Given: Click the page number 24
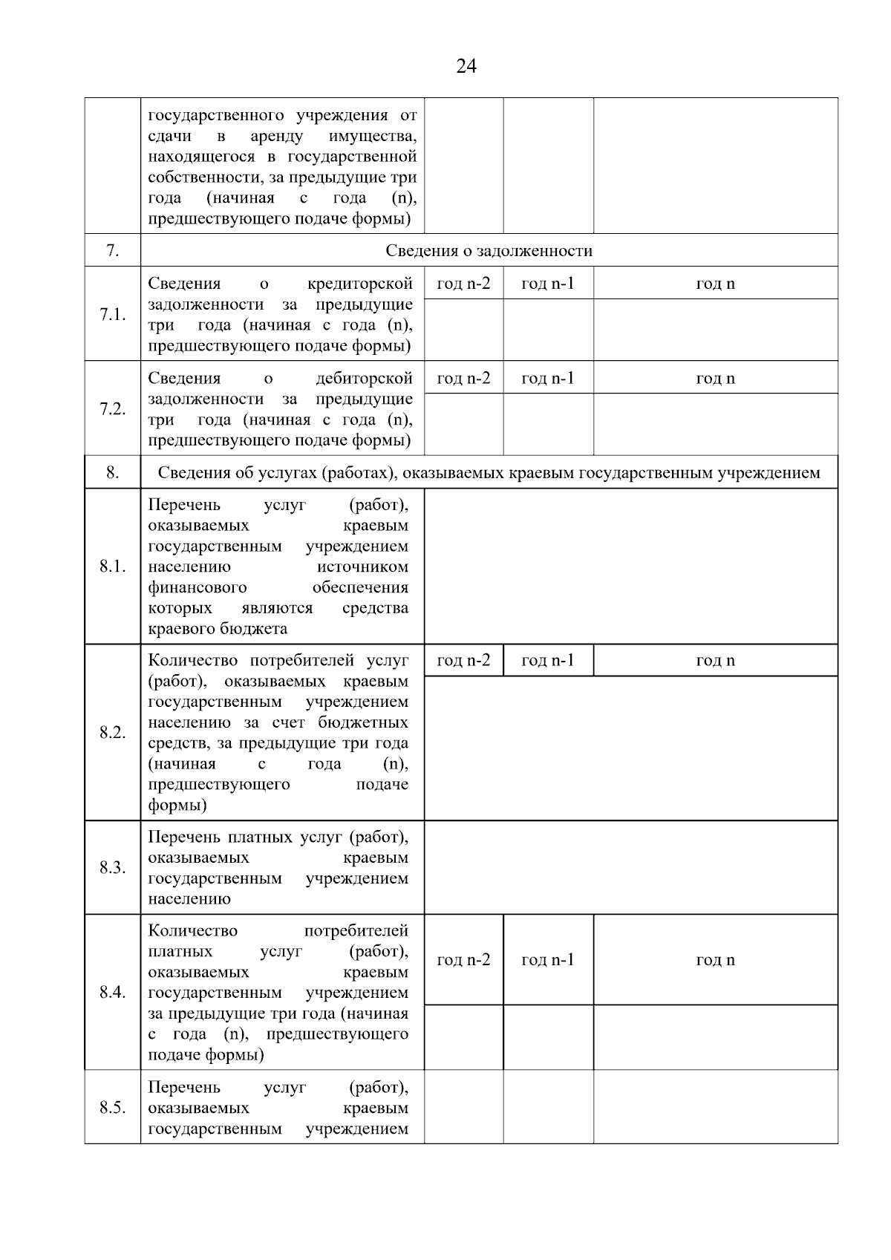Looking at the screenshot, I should click(x=466, y=67).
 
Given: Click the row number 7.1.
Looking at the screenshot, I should click(x=112, y=314).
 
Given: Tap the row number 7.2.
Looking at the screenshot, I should click(x=112, y=409).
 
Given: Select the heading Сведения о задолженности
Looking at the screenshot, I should click(x=489, y=251).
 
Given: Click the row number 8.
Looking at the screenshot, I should click(x=112, y=472).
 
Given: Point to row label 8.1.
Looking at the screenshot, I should click(x=112, y=567).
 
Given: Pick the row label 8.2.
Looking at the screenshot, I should click(x=112, y=733).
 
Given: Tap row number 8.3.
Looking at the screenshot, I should click(x=112, y=867).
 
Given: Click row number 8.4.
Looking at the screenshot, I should click(x=112, y=992).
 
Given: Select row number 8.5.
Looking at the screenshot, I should click(x=112, y=1108).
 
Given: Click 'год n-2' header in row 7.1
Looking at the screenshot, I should click(x=463, y=284).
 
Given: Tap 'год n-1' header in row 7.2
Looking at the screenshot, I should click(x=548, y=379).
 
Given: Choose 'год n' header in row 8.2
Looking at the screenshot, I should click(x=715, y=661).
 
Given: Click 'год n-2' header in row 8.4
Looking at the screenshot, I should click(x=463, y=960).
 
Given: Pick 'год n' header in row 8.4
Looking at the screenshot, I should click(x=715, y=960).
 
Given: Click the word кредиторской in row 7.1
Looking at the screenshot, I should click(x=360, y=284).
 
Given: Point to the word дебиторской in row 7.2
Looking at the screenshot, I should click(x=364, y=379).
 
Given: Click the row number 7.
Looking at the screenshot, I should click(x=112, y=251).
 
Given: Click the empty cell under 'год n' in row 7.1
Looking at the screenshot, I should click(x=715, y=330).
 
